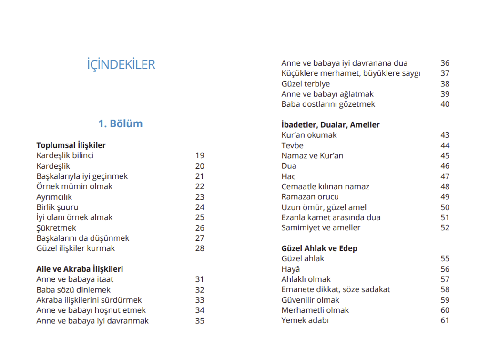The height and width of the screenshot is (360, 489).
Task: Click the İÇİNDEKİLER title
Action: [x=121, y=65]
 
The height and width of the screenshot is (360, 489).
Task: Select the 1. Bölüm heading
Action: [x=121, y=123]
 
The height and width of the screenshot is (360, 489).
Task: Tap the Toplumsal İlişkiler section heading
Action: [x=71, y=145]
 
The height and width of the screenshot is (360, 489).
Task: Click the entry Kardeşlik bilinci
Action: [x=65, y=155]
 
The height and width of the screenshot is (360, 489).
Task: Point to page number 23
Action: [x=200, y=197]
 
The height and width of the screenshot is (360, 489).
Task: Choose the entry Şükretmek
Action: [x=56, y=228]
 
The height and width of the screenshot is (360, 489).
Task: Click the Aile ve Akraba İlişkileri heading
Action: [x=80, y=269]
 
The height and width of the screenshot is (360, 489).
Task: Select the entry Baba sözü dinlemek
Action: [x=73, y=290]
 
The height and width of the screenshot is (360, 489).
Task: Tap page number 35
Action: [x=200, y=321]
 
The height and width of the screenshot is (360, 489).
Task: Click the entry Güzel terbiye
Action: [x=306, y=84]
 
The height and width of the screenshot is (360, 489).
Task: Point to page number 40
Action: [x=445, y=104]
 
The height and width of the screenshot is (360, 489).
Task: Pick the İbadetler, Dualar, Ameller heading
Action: [x=330, y=125]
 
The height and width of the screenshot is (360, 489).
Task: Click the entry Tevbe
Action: [x=292, y=145]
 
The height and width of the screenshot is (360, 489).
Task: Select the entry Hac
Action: [x=288, y=176]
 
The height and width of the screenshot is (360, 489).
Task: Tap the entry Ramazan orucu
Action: [x=310, y=197]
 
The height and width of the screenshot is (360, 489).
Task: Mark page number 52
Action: [x=445, y=228]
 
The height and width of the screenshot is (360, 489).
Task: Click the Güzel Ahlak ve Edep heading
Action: [x=319, y=248]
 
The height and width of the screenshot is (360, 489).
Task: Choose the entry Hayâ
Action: [x=291, y=269]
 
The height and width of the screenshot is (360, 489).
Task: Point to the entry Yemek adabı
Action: [x=305, y=320]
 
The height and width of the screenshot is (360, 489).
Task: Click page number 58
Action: [x=445, y=289]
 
